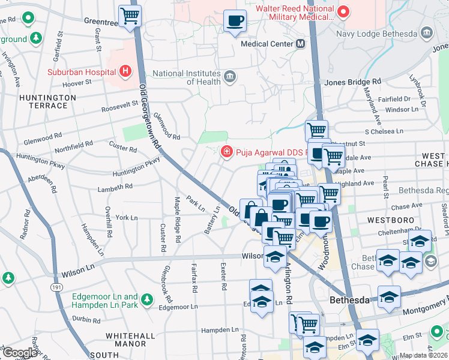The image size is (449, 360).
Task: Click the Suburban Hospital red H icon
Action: coord(125,72)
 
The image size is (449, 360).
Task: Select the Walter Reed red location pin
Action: coord(343,11)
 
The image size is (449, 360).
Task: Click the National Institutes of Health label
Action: coord(187,77)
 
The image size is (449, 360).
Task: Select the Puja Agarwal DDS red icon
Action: coord(227,151)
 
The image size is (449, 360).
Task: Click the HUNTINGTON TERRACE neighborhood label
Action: coord(43,101)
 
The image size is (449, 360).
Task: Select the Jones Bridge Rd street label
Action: coord(352,82)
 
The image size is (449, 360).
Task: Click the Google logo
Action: coord(20,352)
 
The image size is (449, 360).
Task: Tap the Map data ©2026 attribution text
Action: coord(423,355)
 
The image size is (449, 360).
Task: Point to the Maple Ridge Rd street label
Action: coord(178,219)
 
